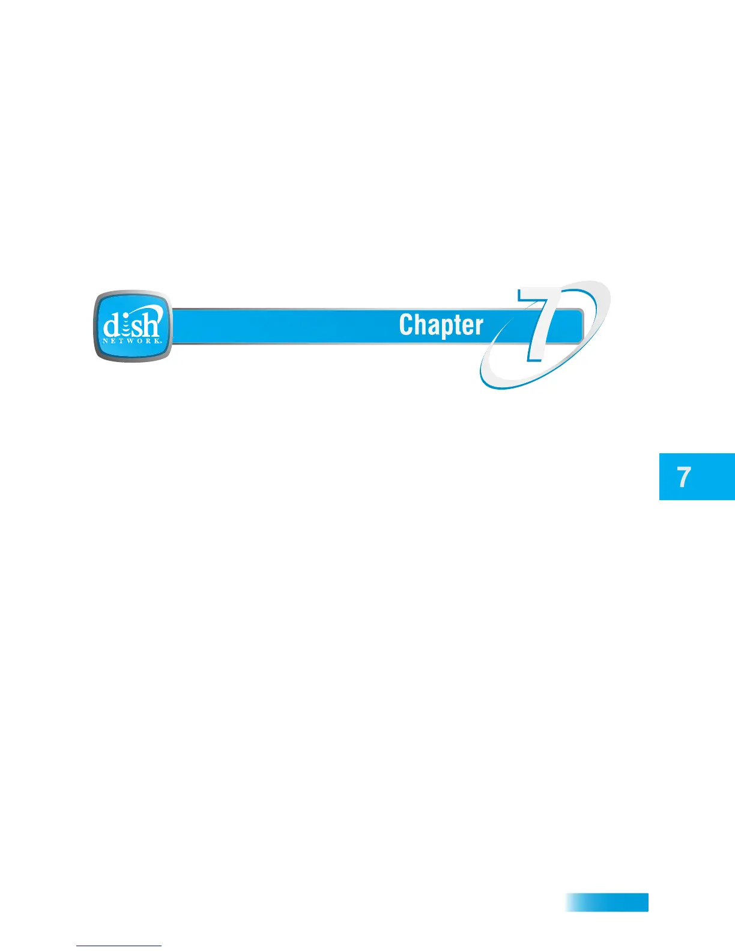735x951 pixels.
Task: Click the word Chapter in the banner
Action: point(441,325)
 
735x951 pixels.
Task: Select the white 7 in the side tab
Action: point(684,477)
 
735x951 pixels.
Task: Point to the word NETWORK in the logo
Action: point(132,340)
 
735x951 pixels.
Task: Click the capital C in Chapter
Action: point(407,325)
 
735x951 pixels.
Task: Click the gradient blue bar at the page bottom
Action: point(606,902)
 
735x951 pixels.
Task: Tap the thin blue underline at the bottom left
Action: point(119,946)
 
